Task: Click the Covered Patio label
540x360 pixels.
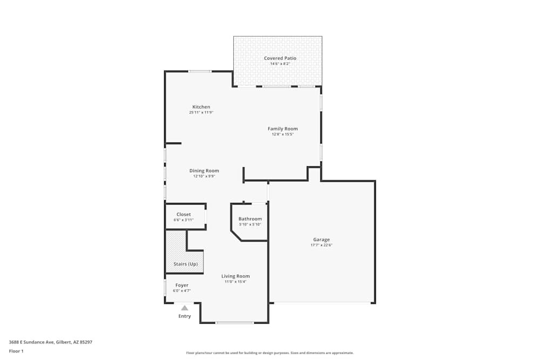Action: pyautogui.click(x=280, y=58)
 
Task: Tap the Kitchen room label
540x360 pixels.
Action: pyautogui.click(x=201, y=107)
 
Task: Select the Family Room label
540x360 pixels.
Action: pyautogui.click(x=282, y=128)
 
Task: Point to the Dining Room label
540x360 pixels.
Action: pyautogui.click(x=204, y=171)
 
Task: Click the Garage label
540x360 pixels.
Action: pyautogui.click(x=321, y=240)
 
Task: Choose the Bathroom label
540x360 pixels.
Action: pyautogui.click(x=250, y=219)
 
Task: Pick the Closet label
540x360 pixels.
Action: pyautogui.click(x=184, y=214)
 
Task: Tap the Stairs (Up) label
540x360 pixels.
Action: pyautogui.click(x=185, y=264)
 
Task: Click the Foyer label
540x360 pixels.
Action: pyautogui.click(x=182, y=285)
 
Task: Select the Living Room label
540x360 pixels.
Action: pyautogui.click(x=235, y=276)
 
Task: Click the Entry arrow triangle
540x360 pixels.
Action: pyautogui.click(x=185, y=308)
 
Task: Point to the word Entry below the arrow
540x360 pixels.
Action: pyautogui.click(x=185, y=316)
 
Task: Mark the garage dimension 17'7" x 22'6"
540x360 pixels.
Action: pyautogui.click(x=321, y=245)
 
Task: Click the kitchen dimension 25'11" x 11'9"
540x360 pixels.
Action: pyautogui.click(x=201, y=113)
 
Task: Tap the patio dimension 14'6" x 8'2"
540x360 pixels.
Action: pyautogui.click(x=280, y=64)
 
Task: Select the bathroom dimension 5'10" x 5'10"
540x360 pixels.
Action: pyautogui.click(x=250, y=224)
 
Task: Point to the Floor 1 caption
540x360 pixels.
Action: pyautogui.click(x=16, y=351)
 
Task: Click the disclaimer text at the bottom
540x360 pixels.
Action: pyautogui.click(x=271, y=352)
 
